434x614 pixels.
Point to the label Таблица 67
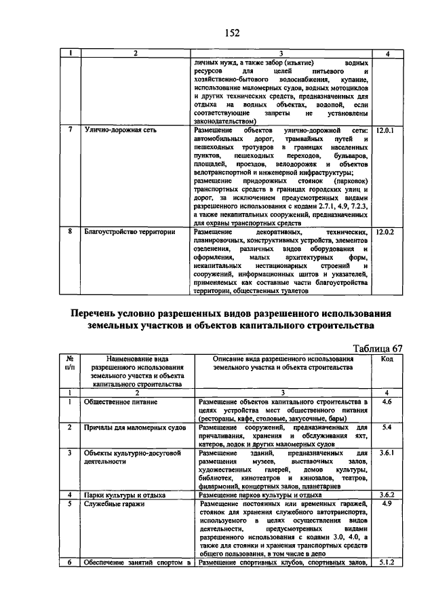coord(372,348)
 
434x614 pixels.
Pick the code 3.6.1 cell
coord(387,453)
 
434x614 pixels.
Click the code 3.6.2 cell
coord(387,495)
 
